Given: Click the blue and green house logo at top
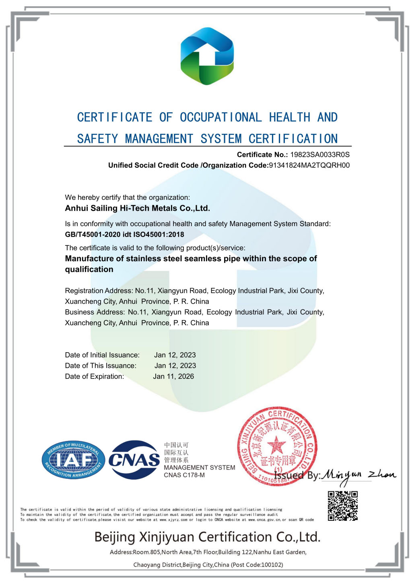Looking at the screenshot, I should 207,56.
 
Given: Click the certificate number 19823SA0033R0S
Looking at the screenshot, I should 320,155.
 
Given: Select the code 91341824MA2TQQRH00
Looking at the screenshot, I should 309,165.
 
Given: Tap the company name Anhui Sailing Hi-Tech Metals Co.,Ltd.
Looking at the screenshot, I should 137,208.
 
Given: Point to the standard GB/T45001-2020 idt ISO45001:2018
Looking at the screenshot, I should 124,235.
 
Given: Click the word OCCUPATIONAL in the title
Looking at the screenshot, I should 220,117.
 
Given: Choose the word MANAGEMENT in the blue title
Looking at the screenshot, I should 159,139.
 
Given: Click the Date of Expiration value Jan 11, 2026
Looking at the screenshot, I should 173,376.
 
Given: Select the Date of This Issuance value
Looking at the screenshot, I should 175,366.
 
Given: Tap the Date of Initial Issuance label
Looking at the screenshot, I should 102,355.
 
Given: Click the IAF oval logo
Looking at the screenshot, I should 73,460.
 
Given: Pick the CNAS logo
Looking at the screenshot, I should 134,460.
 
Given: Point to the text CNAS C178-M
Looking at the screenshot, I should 184,475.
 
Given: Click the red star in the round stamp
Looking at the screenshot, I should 276,446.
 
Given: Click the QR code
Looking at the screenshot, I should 342,506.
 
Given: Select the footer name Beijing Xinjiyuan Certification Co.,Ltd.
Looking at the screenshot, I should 207,537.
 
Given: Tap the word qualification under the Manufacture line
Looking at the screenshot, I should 89,269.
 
